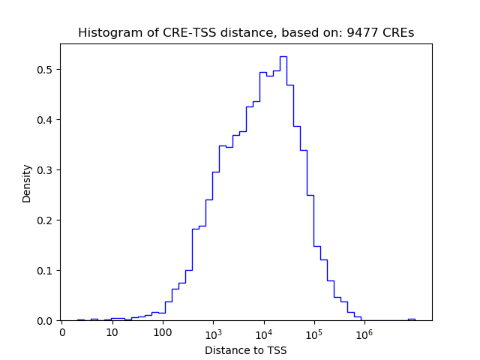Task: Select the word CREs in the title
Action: (399, 33)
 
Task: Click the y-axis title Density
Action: (27, 182)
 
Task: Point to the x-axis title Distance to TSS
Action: (246, 350)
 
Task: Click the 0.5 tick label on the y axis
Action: (46, 70)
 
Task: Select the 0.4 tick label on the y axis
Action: (46, 120)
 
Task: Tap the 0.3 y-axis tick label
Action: (46, 170)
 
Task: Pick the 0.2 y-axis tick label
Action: (46, 220)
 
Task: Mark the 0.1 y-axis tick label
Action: (46, 271)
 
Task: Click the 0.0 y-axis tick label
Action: (46, 321)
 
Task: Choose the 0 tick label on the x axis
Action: (62, 332)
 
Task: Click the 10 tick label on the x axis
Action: (112, 332)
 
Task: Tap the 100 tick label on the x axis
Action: (163, 332)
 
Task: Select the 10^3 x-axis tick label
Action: (213, 331)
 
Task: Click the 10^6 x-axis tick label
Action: (364, 331)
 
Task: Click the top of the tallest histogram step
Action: (283, 56)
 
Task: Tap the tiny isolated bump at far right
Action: (411, 319)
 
